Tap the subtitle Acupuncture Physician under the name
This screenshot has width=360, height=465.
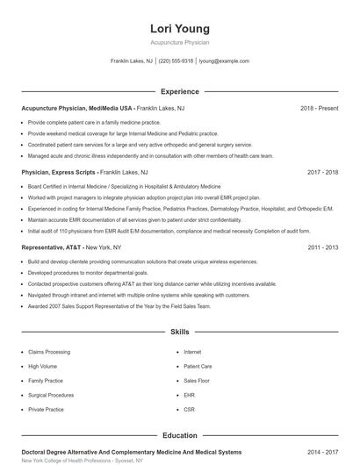pyautogui.click(x=180, y=42)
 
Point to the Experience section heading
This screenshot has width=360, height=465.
pyautogui.click(x=180, y=91)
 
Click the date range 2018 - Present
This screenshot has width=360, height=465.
pyautogui.click(x=319, y=108)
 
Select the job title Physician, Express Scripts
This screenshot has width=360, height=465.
pyautogui.click(x=59, y=173)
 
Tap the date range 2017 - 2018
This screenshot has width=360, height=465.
pyautogui.click(x=323, y=173)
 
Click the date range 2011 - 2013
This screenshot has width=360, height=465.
pyautogui.click(x=323, y=247)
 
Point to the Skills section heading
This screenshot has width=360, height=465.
pyautogui.click(x=180, y=333)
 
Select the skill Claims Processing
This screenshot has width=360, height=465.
pyautogui.click(x=49, y=352)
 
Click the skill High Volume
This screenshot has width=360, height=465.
pyautogui.click(x=42, y=366)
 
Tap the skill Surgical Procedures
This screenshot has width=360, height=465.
pyautogui.click(x=51, y=395)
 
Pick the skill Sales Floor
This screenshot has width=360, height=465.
pyautogui.click(x=197, y=381)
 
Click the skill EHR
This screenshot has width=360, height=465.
pyautogui.click(x=189, y=395)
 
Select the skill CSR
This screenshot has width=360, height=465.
pyautogui.click(x=189, y=409)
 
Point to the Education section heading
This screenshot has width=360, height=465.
pyautogui.click(x=180, y=435)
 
